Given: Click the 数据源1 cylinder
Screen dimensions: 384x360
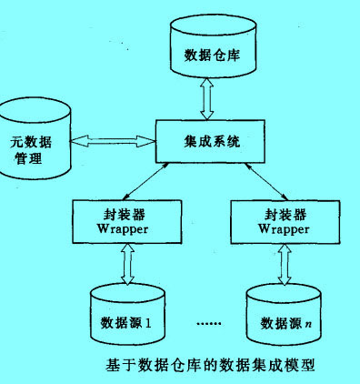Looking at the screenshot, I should [126, 314].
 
